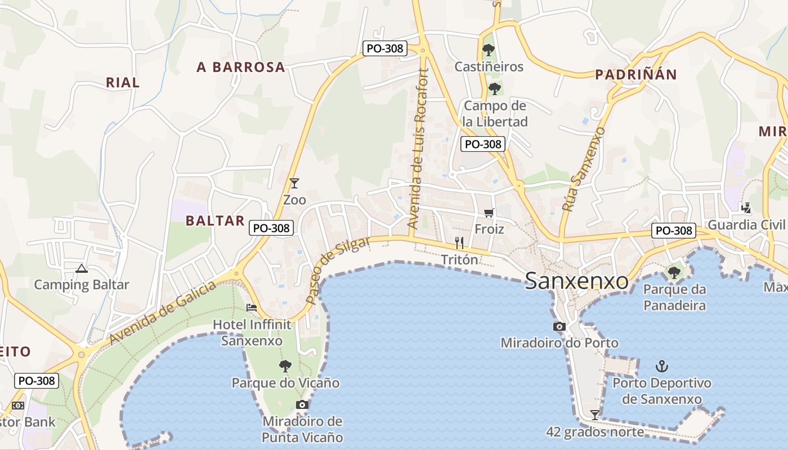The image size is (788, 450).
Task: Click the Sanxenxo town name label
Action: pyautogui.click(x=576, y=280)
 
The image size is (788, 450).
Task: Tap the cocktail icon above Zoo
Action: pyautogui.click(x=294, y=183)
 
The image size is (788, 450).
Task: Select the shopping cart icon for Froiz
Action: pyautogui.click(x=489, y=213)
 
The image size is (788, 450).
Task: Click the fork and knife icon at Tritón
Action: pyautogui.click(x=459, y=243)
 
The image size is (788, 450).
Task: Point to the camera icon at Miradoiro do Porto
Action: pyautogui.click(x=559, y=326)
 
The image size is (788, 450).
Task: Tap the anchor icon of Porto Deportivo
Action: pyautogui.click(x=662, y=366)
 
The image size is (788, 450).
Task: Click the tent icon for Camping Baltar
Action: pyautogui.click(x=82, y=268)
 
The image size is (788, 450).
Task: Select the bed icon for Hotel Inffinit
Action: pyautogui.click(x=252, y=308)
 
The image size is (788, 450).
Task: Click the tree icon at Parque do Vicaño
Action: pyautogui.click(x=285, y=366)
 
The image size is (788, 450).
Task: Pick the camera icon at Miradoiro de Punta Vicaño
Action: pyautogui.click(x=302, y=404)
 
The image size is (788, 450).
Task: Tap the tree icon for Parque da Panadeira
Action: pyautogui.click(x=674, y=273)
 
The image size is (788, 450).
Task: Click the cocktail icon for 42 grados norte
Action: pyautogui.click(x=594, y=415)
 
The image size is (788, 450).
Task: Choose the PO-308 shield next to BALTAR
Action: pyautogui.click(x=272, y=228)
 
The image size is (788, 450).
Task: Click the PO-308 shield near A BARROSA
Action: pyautogui.click(x=385, y=48)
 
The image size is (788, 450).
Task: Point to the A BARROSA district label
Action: pyautogui.click(x=241, y=67)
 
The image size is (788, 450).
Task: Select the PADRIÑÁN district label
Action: pyautogui.click(x=636, y=74)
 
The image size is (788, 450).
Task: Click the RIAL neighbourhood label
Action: pyautogui.click(x=123, y=83)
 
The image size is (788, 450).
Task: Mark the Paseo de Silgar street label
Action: pyautogui.click(x=338, y=270)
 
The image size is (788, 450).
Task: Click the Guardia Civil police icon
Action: pyautogui.click(x=746, y=208)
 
